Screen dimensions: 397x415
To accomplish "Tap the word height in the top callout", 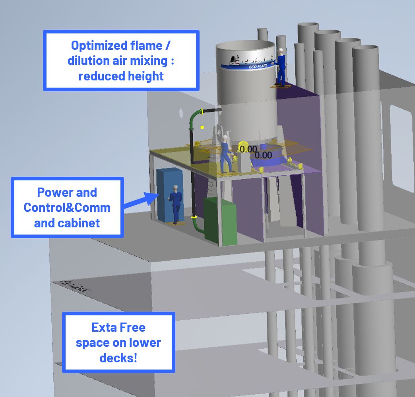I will click(144, 76).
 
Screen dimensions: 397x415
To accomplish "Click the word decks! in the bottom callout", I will click(118, 358).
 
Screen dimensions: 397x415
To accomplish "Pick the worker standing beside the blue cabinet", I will click(175, 203).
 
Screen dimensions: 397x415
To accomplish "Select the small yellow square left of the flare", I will click(202, 127).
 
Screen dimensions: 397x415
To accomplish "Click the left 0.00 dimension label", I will click(248, 149).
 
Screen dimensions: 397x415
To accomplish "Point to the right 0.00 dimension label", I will click(263, 155).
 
